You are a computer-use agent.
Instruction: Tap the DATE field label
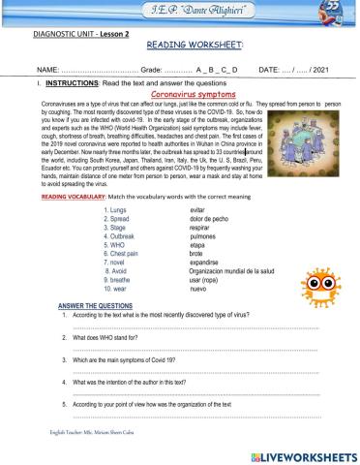click(268, 71)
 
